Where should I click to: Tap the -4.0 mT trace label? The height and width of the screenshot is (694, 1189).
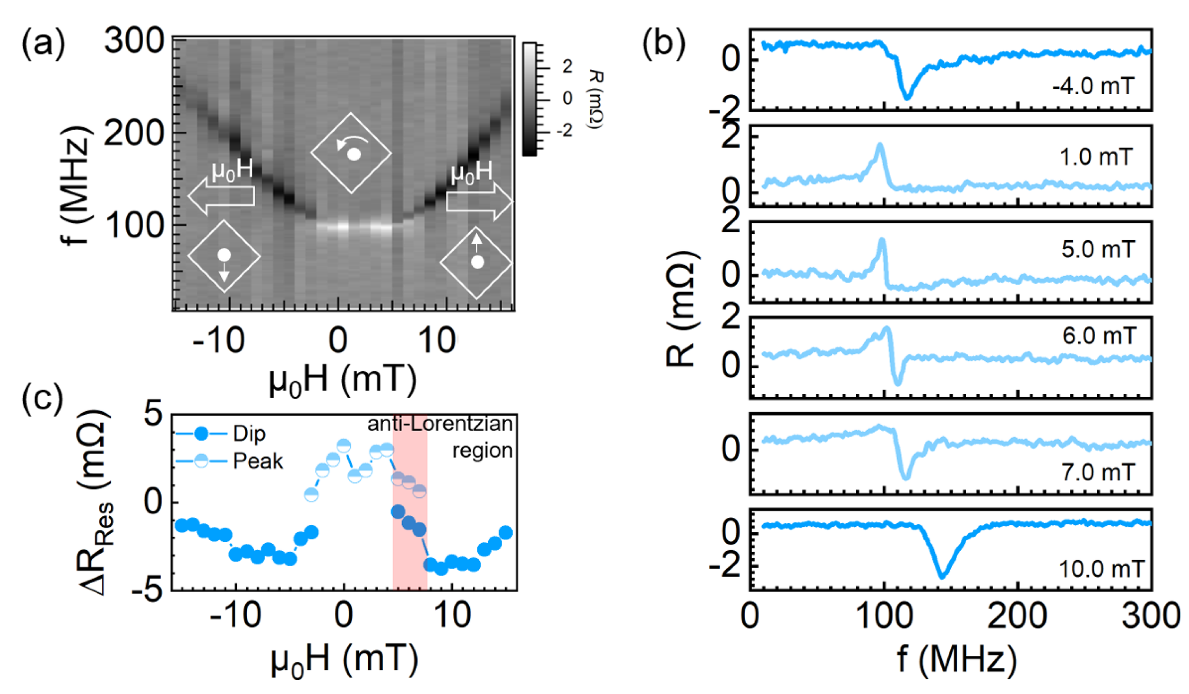(1093, 86)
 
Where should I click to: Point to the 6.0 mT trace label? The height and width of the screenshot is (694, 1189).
(1100, 336)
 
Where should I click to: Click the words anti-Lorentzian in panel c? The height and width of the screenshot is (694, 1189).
(440, 423)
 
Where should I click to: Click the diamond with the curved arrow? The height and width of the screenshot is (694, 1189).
(351, 153)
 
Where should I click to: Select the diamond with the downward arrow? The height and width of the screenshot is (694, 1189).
(224, 257)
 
